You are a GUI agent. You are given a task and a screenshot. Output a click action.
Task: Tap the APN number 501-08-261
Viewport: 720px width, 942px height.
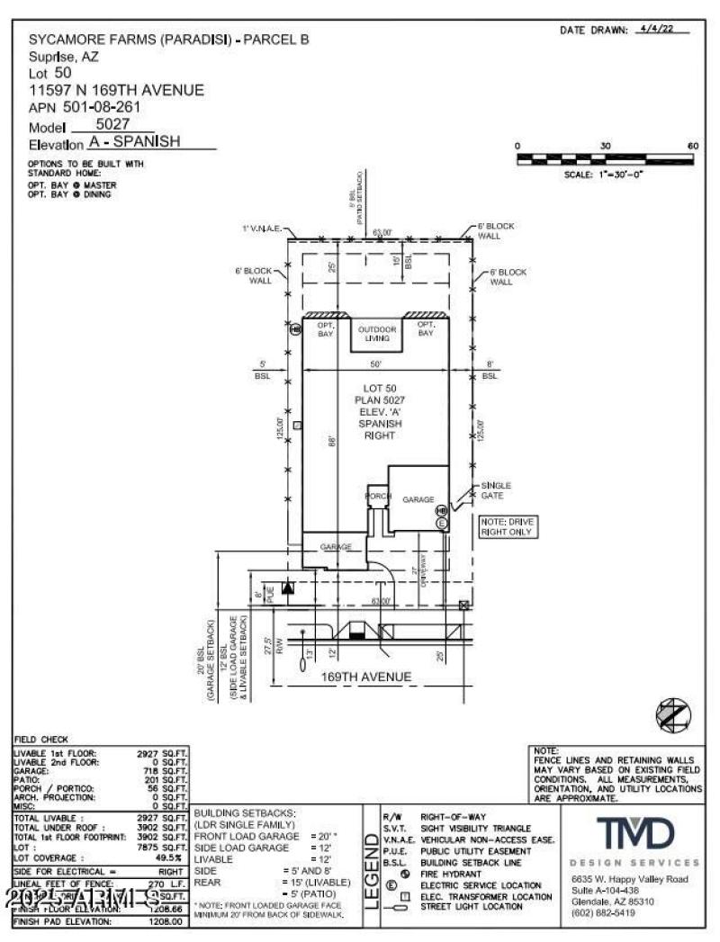[108, 107]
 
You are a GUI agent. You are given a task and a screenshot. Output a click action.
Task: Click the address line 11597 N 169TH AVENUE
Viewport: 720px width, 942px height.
[116, 90]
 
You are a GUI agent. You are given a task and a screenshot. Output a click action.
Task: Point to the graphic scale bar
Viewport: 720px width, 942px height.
[605, 159]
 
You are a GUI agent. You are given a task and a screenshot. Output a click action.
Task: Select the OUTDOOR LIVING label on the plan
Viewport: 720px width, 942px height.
[376, 334]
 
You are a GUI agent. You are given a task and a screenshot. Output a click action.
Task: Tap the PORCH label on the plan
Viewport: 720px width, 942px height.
[376, 497]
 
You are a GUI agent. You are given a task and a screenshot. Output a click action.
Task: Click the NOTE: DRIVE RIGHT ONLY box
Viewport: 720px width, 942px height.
[507, 527]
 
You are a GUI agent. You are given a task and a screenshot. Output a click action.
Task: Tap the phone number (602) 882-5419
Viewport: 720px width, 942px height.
[603, 913]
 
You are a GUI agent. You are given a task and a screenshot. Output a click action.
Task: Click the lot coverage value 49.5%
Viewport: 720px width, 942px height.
[169, 857]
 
